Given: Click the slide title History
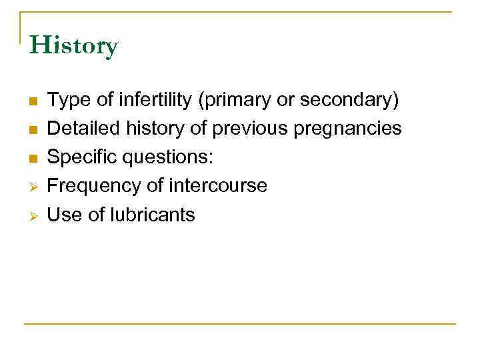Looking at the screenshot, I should (73, 46).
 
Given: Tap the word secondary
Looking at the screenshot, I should (349, 100).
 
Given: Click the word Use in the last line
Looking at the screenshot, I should (63, 214).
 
